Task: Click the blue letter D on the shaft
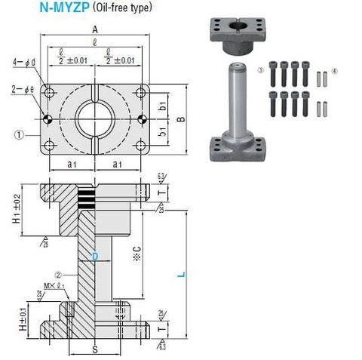pos(94,256)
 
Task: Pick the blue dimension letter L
pos(180,275)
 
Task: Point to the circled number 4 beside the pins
pos(336,72)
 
